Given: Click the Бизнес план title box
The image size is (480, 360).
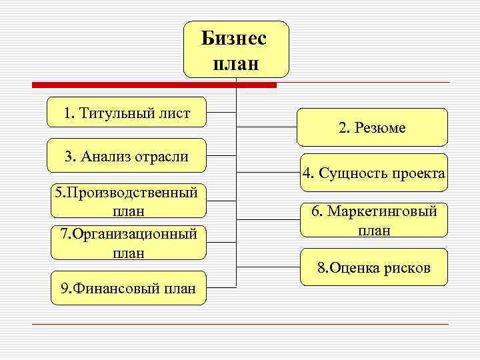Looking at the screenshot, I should (x=236, y=49).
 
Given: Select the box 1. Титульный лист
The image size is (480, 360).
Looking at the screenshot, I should (x=127, y=113).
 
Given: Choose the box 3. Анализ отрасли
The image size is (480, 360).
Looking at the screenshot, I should (x=127, y=157).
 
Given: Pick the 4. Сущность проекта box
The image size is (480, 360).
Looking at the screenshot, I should (x=373, y=173).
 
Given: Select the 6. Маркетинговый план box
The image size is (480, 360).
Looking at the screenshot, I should (x=373, y=221).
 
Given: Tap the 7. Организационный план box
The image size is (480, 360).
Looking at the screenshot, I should (x=129, y=243).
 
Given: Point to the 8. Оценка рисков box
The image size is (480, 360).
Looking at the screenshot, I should (x=373, y=268).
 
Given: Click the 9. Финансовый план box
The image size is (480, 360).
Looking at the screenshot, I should (x=129, y=288).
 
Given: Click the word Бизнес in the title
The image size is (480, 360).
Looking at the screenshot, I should (x=234, y=38).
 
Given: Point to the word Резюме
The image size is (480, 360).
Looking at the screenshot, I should (x=381, y=127).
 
